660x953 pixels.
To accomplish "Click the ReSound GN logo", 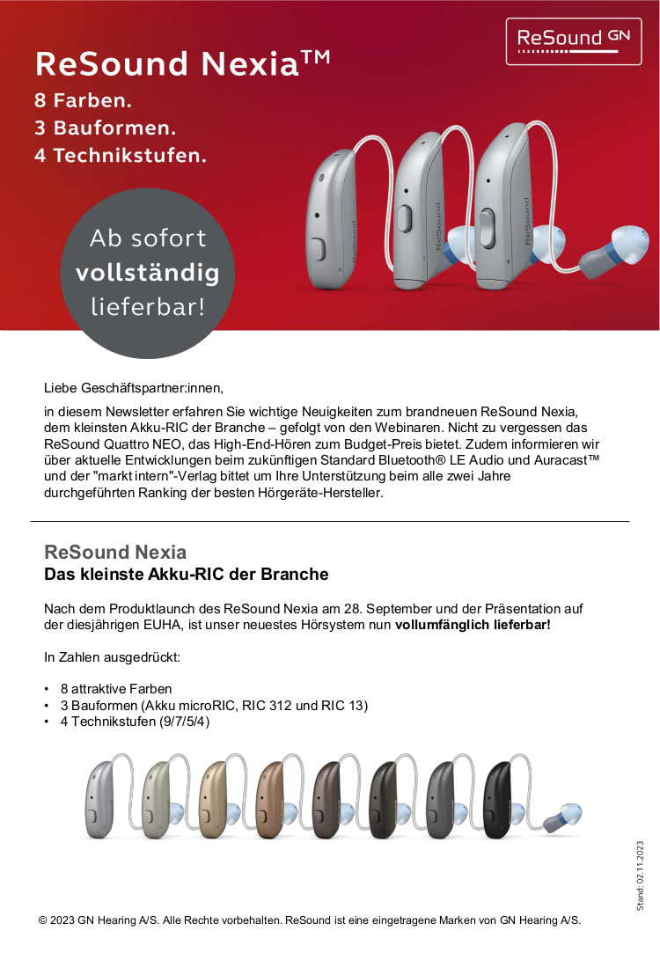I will click(573, 40).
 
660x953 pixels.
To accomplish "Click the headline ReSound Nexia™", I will click(182, 63).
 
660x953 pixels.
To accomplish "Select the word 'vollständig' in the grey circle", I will click(147, 273).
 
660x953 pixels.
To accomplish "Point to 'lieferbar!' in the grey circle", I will click(147, 306).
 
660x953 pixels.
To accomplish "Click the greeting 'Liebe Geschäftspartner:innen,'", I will click(134, 387).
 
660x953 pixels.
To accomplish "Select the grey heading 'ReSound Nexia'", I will click(115, 553).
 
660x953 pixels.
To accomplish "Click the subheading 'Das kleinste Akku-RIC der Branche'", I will click(186, 575).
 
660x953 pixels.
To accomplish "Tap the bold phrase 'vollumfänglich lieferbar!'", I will click(473, 625).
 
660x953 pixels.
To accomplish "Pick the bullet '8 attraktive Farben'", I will click(115, 688).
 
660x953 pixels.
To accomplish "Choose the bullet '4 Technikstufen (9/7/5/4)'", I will click(135, 722).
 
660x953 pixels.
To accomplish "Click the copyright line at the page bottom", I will click(310, 920).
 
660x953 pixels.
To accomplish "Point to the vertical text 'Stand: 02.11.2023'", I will click(640, 876).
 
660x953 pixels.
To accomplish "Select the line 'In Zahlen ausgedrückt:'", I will click(112, 656).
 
